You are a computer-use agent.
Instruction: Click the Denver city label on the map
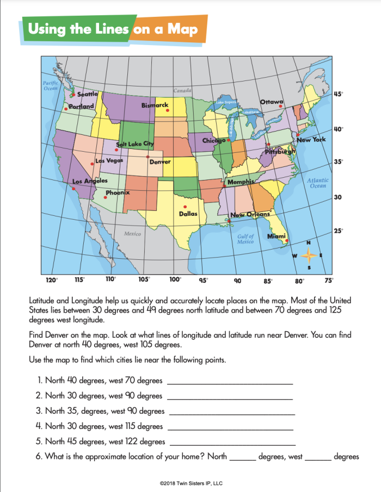pos(160,161)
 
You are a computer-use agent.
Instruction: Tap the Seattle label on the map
pos(87,94)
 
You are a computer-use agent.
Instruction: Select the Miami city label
pos(276,236)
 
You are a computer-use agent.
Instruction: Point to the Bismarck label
pos(155,105)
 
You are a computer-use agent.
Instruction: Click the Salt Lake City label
pos(135,144)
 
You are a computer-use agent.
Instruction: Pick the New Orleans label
pos(250,214)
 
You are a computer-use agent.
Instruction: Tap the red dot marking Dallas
pos(186,207)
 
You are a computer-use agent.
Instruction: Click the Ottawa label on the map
pos(271,102)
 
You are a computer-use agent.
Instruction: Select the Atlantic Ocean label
pos(317,183)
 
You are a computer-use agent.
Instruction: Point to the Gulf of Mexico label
pos(245,239)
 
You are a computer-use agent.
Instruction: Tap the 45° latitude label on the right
pos(338,94)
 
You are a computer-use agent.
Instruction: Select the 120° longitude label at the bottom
pos(51,281)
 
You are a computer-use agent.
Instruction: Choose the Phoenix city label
pos(118,192)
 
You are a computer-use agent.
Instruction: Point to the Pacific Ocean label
pos(51,85)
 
